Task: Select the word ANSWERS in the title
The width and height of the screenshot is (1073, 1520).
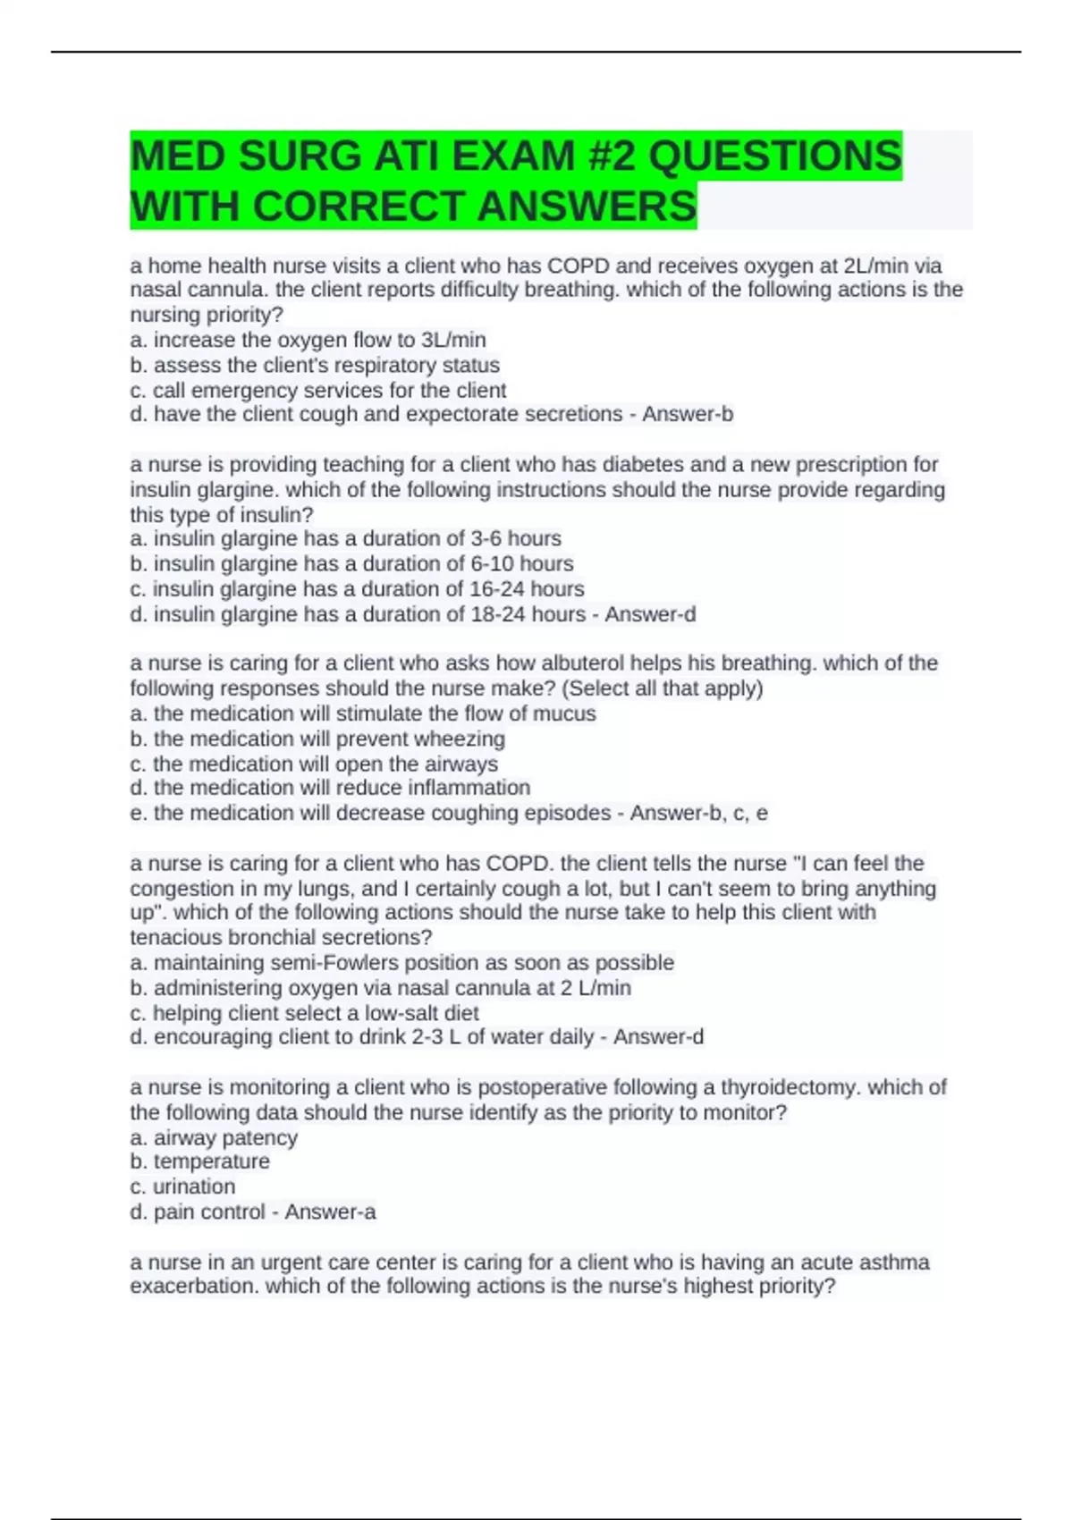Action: (587, 207)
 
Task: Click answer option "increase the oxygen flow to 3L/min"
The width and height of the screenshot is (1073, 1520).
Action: (319, 340)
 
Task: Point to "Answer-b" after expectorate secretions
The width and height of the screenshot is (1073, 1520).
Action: (688, 414)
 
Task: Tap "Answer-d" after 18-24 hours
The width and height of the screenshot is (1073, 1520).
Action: (650, 614)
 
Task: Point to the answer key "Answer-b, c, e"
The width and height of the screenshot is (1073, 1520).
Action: (698, 813)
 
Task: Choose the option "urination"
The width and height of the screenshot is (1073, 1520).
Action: (194, 1186)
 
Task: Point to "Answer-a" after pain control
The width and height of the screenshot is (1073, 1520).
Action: (330, 1212)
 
